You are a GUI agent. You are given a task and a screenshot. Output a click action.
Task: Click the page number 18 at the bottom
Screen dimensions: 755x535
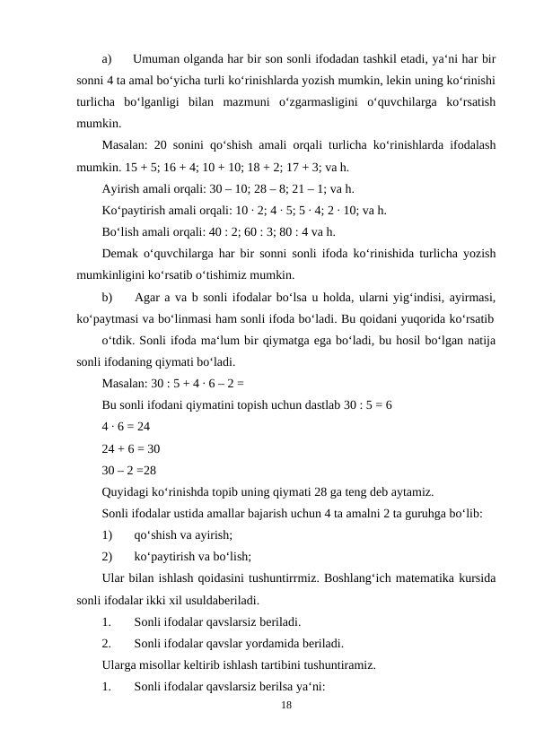tap(285, 706)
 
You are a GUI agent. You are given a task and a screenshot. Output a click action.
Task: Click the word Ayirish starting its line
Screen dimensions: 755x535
tap(121, 189)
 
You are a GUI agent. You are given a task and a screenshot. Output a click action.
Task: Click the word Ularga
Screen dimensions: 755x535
tap(122, 664)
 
